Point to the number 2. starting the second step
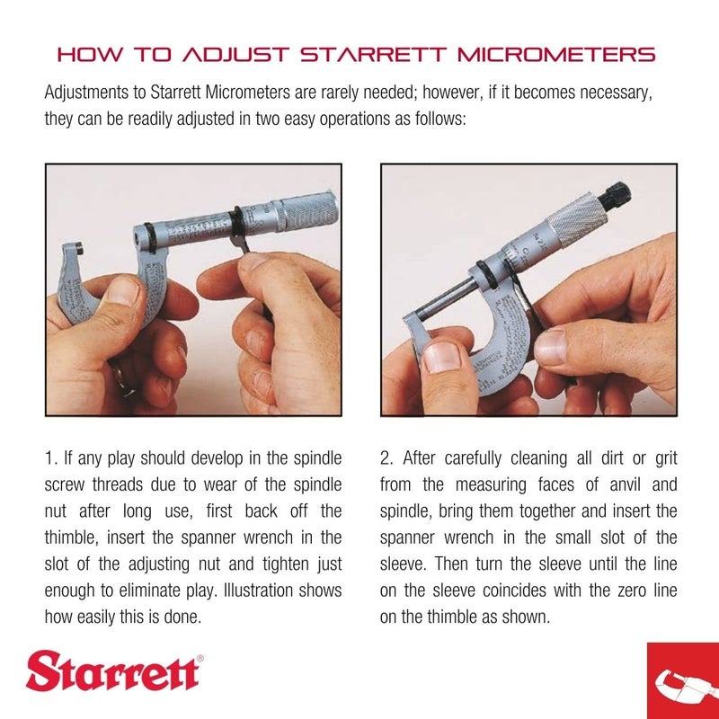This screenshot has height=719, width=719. [x=386, y=459]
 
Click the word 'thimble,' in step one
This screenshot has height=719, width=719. [x=72, y=538]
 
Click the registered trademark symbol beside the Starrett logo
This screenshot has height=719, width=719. [x=200, y=659]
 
